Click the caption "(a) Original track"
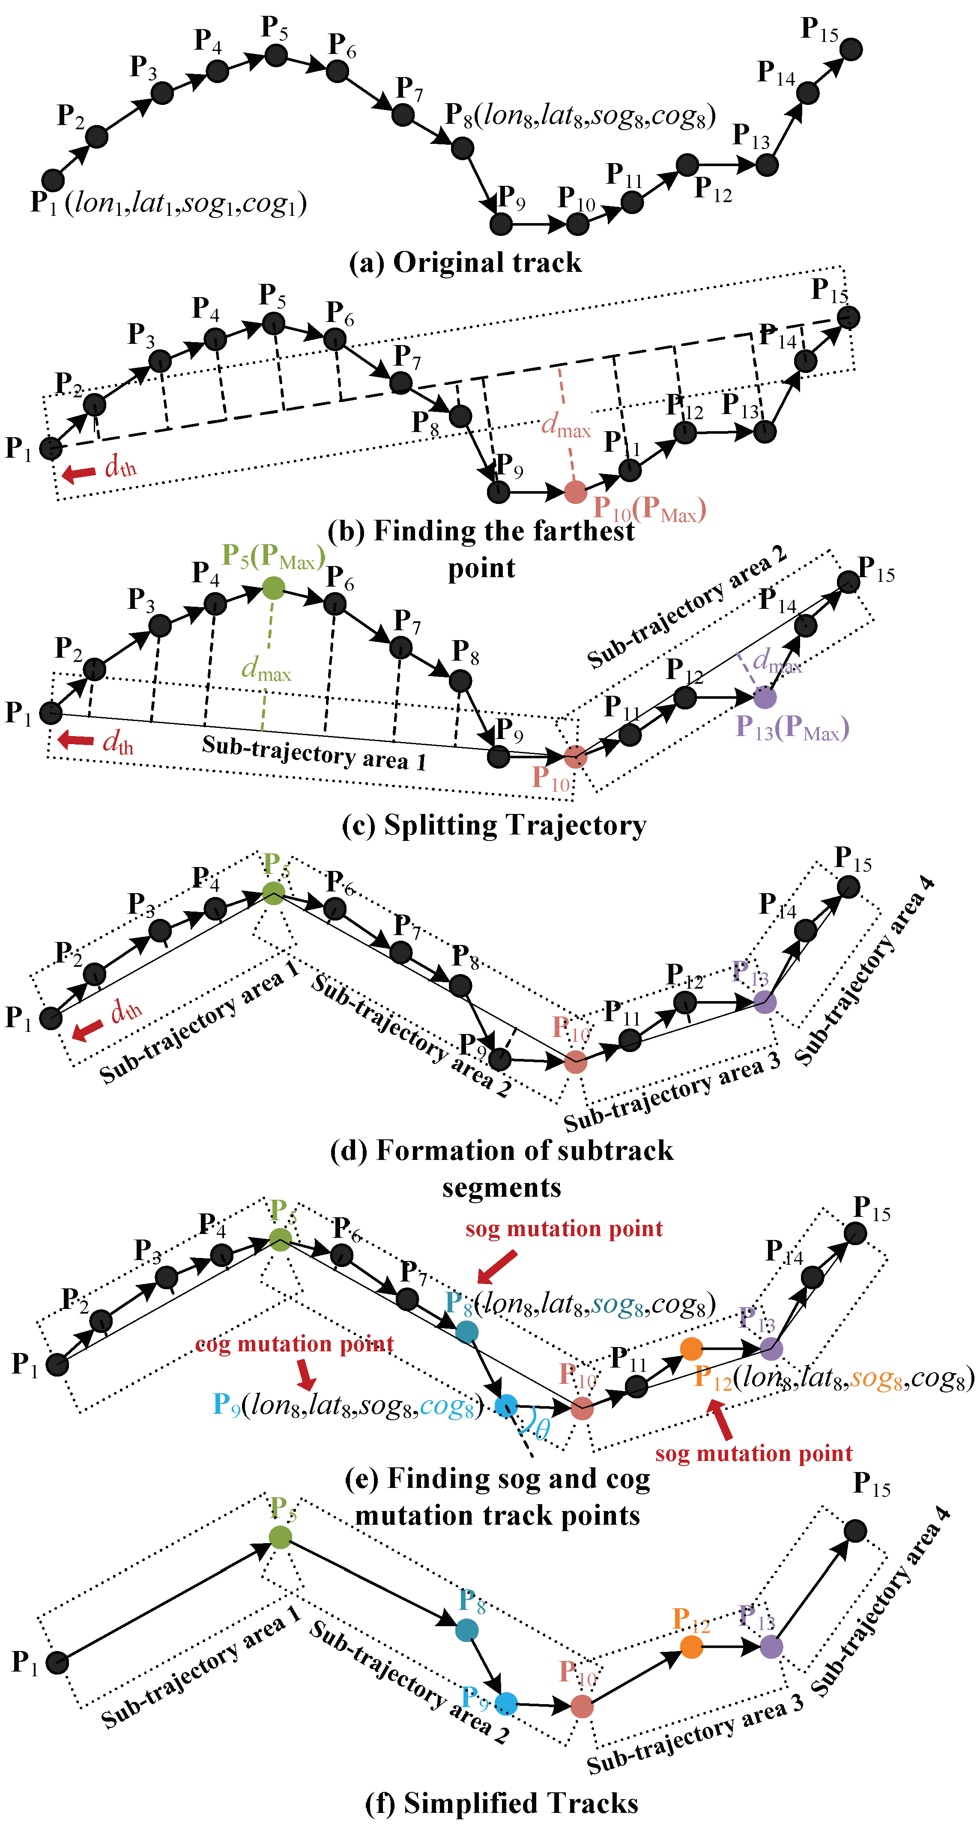tap(466, 263)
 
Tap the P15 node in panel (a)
tap(851, 49)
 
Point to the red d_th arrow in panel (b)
tap(79, 472)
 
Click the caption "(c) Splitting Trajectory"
tap(494, 826)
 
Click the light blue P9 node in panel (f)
tap(506, 1703)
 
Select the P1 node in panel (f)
tap(57, 1662)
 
